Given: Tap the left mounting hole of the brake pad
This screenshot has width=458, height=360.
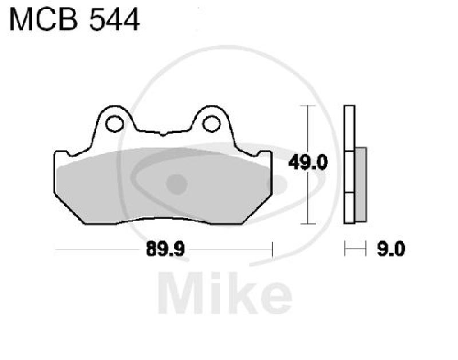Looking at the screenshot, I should [114, 122].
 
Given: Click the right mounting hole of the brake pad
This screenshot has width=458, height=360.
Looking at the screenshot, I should [211, 122].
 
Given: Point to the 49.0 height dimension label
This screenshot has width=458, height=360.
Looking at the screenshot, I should [307, 163].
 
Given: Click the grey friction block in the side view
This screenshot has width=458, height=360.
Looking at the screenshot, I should [360, 184].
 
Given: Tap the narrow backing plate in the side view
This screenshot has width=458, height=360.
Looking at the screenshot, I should [349, 165].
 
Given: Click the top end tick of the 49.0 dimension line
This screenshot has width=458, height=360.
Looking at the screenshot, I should [309, 106].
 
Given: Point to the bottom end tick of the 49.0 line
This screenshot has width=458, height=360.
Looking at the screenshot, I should [309, 223].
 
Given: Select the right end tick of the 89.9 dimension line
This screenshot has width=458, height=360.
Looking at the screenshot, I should [273, 250].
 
